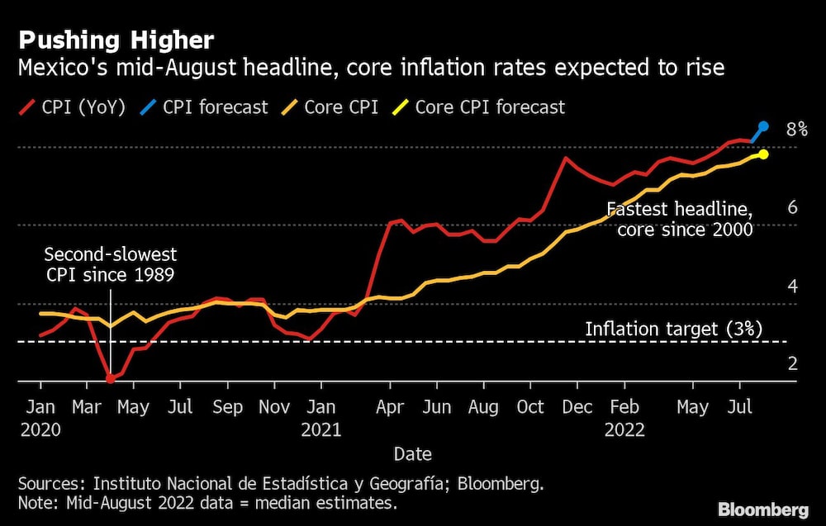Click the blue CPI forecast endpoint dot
click(x=763, y=126)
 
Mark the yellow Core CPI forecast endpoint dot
click(x=763, y=154)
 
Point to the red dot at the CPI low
click(x=110, y=378)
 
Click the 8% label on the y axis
click(x=796, y=129)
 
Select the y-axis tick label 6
click(x=792, y=207)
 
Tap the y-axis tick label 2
click(x=792, y=363)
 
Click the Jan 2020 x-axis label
click(x=40, y=418)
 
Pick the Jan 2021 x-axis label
click(x=321, y=418)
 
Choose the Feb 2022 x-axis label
click(x=624, y=418)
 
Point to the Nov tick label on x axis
click(x=274, y=407)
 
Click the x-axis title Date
click(x=412, y=454)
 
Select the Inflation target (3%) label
click(x=673, y=329)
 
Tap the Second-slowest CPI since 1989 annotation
click(x=110, y=264)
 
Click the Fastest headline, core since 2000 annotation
click(x=680, y=220)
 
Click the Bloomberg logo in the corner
click(x=764, y=509)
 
